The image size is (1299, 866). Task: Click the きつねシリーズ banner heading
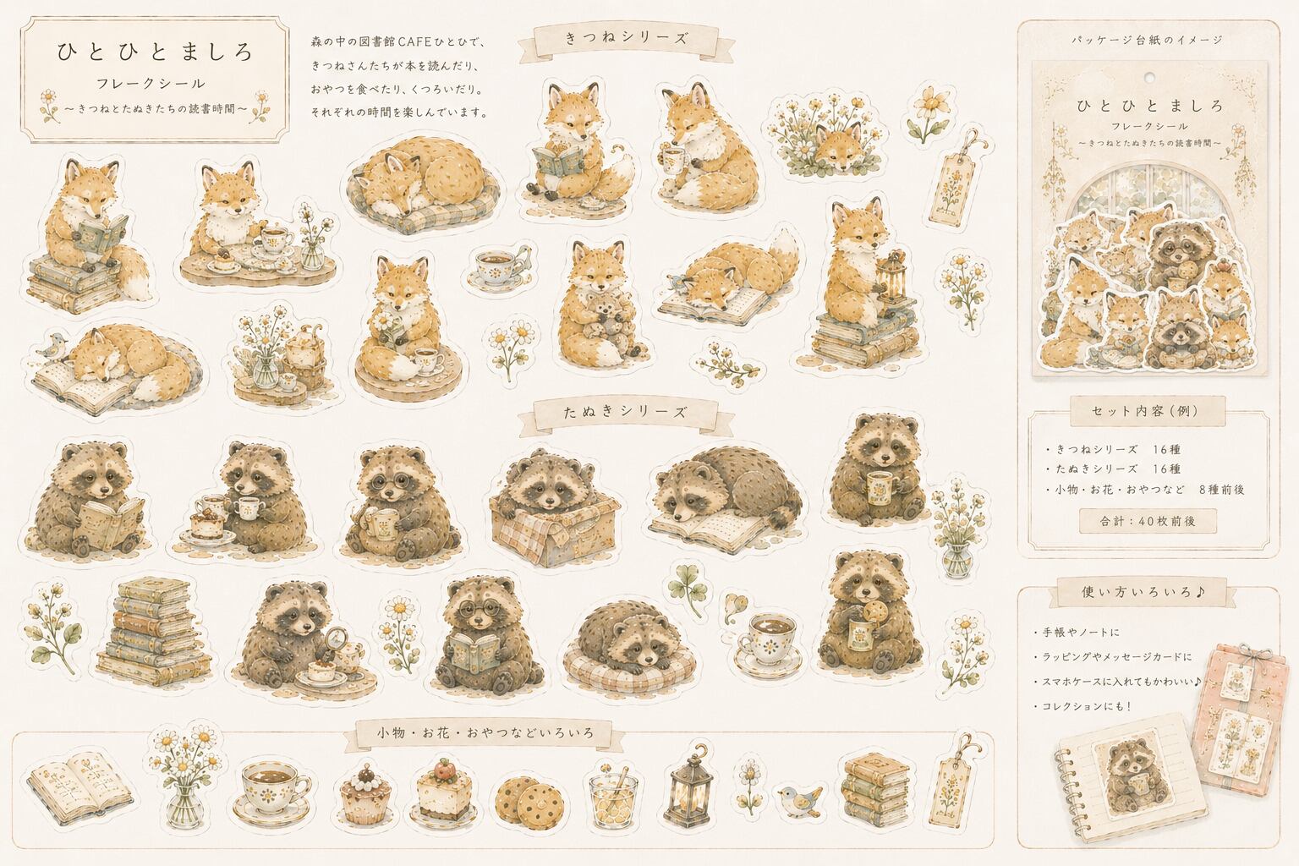tap(627, 38)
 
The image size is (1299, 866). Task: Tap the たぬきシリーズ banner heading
tap(626, 412)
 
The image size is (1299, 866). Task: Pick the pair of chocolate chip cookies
tap(529, 797)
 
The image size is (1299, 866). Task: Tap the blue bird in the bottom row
tap(800, 799)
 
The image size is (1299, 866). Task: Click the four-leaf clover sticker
tap(688, 588)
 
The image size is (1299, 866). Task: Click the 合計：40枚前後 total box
tap(1148, 521)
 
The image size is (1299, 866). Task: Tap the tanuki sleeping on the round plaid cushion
tap(629, 648)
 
